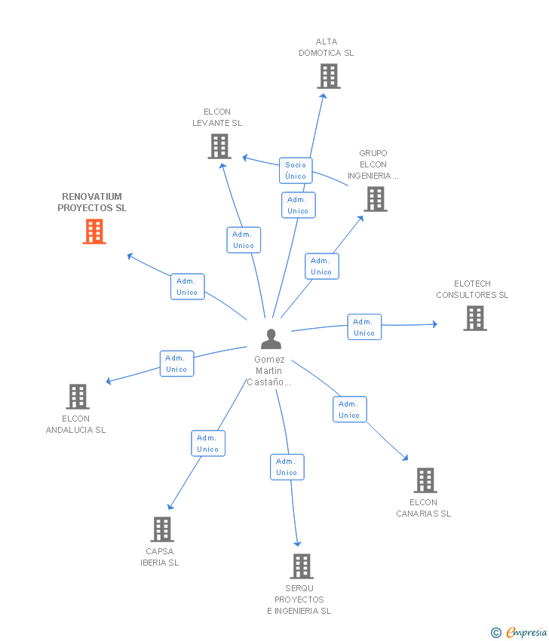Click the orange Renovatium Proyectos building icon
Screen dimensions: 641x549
click(94, 232)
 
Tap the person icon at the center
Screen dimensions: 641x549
click(271, 339)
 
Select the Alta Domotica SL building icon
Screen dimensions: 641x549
click(329, 76)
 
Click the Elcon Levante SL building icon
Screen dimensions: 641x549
click(219, 146)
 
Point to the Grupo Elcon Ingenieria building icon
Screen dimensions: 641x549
click(376, 199)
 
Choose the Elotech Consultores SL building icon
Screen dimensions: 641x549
click(475, 318)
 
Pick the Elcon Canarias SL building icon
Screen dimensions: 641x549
click(425, 480)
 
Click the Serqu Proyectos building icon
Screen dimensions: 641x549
click(302, 566)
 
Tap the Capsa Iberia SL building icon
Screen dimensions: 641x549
click(162, 529)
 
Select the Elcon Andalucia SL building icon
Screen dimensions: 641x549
click(78, 397)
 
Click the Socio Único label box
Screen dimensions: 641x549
click(296, 170)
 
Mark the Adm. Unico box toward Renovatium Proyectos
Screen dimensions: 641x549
click(187, 287)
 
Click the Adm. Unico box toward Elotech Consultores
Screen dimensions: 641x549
click(364, 327)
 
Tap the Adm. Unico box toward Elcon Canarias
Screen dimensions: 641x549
click(349, 409)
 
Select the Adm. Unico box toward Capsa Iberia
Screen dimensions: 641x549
click(208, 443)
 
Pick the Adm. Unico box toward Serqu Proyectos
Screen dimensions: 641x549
click(287, 467)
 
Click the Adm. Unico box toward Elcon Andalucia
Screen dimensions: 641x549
click(176, 363)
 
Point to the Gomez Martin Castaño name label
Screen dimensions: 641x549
click(268, 371)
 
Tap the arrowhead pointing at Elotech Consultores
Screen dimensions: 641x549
click(434, 324)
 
